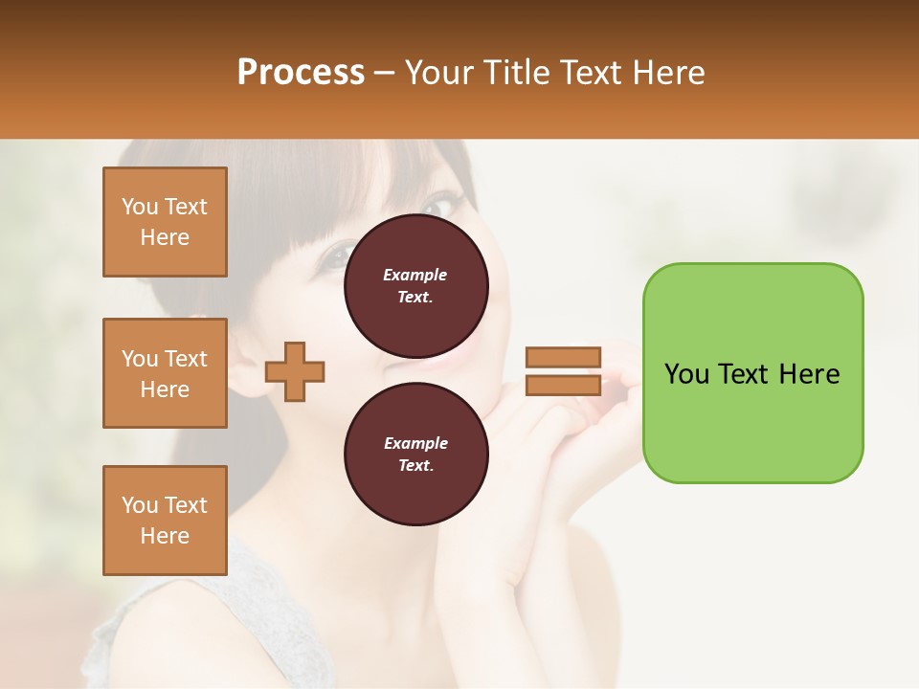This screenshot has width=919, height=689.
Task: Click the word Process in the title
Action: (x=301, y=72)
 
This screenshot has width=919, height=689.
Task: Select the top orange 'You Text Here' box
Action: (x=165, y=222)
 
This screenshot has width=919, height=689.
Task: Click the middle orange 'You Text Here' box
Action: (x=165, y=373)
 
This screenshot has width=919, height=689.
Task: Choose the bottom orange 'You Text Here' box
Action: (x=165, y=521)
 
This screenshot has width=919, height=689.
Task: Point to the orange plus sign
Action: (x=295, y=370)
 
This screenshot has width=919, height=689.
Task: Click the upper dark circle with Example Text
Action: (x=415, y=285)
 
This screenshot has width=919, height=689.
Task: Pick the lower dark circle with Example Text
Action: (x=415, y=454)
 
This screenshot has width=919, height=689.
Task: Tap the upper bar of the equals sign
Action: (x=563, y=358)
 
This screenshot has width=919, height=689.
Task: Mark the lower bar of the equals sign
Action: (x=563, y=385)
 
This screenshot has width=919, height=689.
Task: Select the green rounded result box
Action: (x=752, y=373)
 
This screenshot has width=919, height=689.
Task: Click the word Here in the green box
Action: (x=809, y=373)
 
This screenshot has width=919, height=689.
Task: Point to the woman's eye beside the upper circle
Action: (x=338, y=256)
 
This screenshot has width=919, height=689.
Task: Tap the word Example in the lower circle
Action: (x=415, y=443)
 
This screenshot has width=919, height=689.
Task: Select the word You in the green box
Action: (x=686, y=373)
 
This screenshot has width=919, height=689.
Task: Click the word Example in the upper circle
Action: (x=415, y=275)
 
